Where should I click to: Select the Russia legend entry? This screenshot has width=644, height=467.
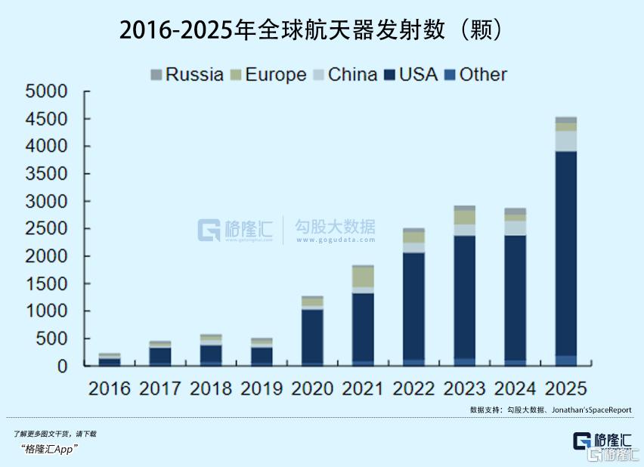click(x=187, y=74)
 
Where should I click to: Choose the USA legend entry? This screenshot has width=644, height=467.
click(x=410, y=74)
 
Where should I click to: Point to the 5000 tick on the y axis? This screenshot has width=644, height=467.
click(x=47, y=91)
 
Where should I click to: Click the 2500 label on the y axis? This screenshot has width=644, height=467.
click(x=47, y=229)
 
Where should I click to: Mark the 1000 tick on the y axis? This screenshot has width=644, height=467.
click(x=47, y=311)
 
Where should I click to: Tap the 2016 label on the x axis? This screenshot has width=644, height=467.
click(x=110, y=388)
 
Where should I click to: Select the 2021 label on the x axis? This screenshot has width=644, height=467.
click(x=363, y=388)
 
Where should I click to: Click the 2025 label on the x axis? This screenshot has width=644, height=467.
click(x=566, y=388)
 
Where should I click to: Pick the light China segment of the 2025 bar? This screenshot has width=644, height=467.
click(x=566, y=141)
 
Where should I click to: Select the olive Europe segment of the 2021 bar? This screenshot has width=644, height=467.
click(x=363, y=277)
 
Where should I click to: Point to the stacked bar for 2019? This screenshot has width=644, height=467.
click(x=262, y=353)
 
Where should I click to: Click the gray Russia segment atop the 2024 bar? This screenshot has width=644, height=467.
click(x=515, y=212)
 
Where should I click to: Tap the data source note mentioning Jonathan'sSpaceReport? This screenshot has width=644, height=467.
click(x=550, y=410)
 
